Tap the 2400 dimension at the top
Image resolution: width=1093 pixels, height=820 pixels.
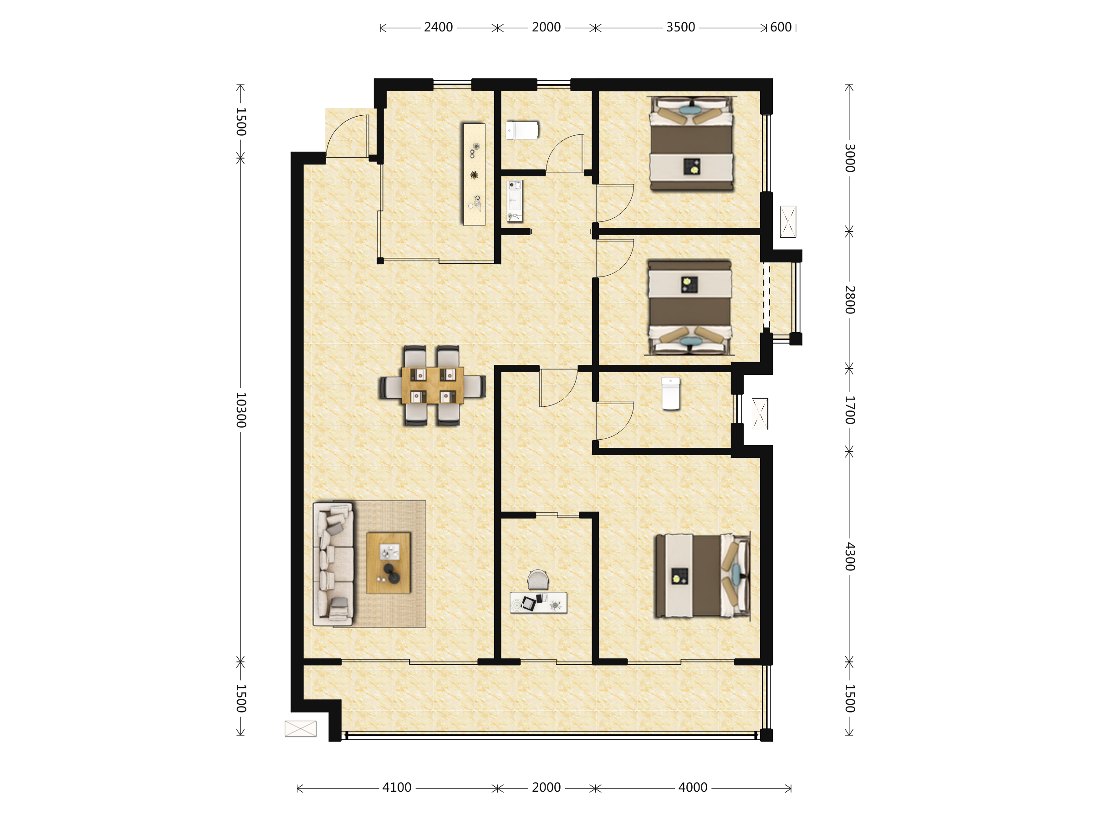(x=438, y=27)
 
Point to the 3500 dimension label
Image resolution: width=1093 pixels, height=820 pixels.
(x=680, y=27)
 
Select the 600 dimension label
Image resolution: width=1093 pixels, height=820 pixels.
(x=781, y=27)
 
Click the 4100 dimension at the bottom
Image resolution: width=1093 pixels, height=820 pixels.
(x=397, y=787)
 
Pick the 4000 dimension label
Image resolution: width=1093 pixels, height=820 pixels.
(x=693, y=787)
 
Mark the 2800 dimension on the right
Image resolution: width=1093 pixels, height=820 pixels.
(x=849, y=300)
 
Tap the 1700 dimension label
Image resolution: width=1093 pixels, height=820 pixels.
(x=849, y=410)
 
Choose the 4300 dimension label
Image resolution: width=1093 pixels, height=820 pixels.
(x=849, y=557)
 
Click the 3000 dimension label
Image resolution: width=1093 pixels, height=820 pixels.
(x=849, y=158)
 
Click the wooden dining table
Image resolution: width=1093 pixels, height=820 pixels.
(x=432, y=385)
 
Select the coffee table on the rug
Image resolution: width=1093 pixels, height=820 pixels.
(x=388, y=563)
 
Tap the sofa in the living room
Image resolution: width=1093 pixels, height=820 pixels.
(x=333, y=564)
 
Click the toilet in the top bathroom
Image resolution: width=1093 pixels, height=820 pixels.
(x=522, y=130)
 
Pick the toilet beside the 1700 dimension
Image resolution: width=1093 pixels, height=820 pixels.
(x=670, y=394)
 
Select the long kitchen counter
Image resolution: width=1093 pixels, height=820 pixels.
(x=474, y=174)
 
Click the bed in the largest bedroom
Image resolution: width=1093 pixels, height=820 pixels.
(x=703, y=576)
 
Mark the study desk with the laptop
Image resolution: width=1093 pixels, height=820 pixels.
(x=538, y=603)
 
